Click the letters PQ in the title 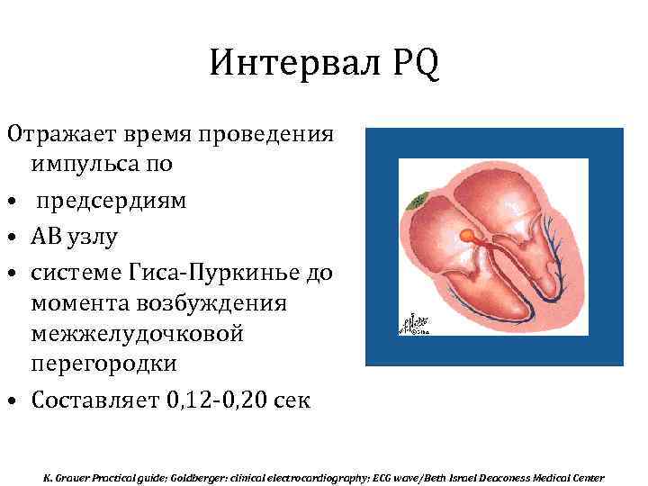click(416, 66)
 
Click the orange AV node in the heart click(469, 235)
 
